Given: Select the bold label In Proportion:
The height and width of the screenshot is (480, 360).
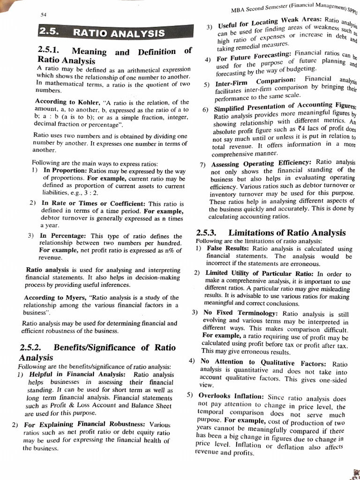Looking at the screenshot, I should [x=65, y=171].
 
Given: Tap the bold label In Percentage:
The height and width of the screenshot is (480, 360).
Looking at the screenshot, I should [x=63, y=236].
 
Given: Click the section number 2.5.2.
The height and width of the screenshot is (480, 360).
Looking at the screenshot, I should [x=31, y=348].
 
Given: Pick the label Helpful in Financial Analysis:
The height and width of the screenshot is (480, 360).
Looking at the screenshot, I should [x=77, y=375].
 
